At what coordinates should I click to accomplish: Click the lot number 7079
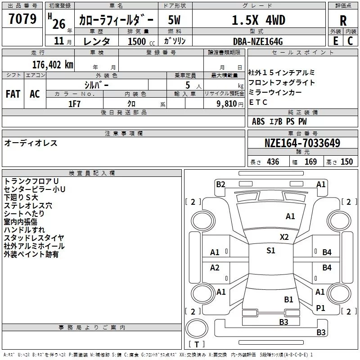pos(22,18)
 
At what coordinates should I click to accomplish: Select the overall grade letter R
pos(343,21)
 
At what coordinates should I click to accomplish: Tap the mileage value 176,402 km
pos(53,65)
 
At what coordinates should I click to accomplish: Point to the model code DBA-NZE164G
pos(258,41)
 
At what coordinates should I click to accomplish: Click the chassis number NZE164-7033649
pos(302,143)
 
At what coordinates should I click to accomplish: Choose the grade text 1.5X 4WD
pos(258,20)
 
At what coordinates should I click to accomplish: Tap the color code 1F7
pos(74,104)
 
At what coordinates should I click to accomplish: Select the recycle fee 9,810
pos(227,103)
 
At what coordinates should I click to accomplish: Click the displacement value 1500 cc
pos(141,41)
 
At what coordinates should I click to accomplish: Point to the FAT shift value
pos(13,94)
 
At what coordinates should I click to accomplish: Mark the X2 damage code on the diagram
pos(284,237)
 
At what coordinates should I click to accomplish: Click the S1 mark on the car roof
pos(271,250)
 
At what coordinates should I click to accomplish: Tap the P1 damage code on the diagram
pos(320,308)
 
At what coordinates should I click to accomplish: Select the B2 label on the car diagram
pos(220,184)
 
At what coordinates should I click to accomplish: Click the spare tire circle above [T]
pos(197,328)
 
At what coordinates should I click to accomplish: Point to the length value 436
pos(273,162)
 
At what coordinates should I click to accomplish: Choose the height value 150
pos(346,162)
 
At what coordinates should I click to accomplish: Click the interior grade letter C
pos(350,41)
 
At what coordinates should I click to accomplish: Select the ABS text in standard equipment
pos(258,121)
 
